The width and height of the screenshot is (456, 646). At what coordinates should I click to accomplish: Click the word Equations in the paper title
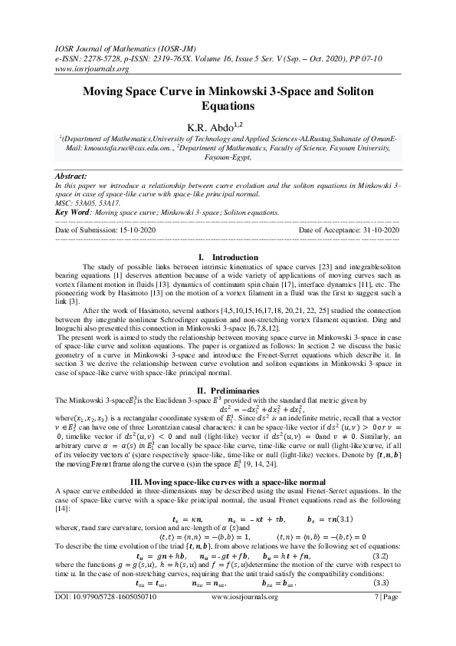tap(228, 106)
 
